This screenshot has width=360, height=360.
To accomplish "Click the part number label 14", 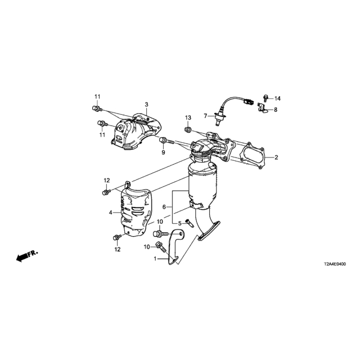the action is (277, 98).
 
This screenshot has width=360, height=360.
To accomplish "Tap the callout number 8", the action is (276, 110).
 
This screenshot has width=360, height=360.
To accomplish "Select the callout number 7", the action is (205, 116).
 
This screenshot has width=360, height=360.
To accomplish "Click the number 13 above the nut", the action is (188, 118).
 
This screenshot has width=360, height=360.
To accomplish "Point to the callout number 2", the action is (276, 157).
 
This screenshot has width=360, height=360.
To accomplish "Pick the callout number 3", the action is (146, 105).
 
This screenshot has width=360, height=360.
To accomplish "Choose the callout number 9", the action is (163, 152).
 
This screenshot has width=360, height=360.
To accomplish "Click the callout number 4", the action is (111, 213).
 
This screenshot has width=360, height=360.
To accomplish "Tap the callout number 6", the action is (164, 207).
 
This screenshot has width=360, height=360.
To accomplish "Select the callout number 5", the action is (180, 223).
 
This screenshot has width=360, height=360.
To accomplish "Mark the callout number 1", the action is (155, 259).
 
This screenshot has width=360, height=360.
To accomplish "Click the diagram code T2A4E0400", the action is (335, 264).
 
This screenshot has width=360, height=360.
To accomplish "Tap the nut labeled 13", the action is (187, 130).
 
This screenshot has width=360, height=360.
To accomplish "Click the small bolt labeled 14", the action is (266, 98).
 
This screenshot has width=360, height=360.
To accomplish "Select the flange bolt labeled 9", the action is (166, 141).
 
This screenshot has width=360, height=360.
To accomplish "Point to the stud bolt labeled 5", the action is (190, 223).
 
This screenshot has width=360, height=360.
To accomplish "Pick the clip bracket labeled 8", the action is (263, 108).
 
